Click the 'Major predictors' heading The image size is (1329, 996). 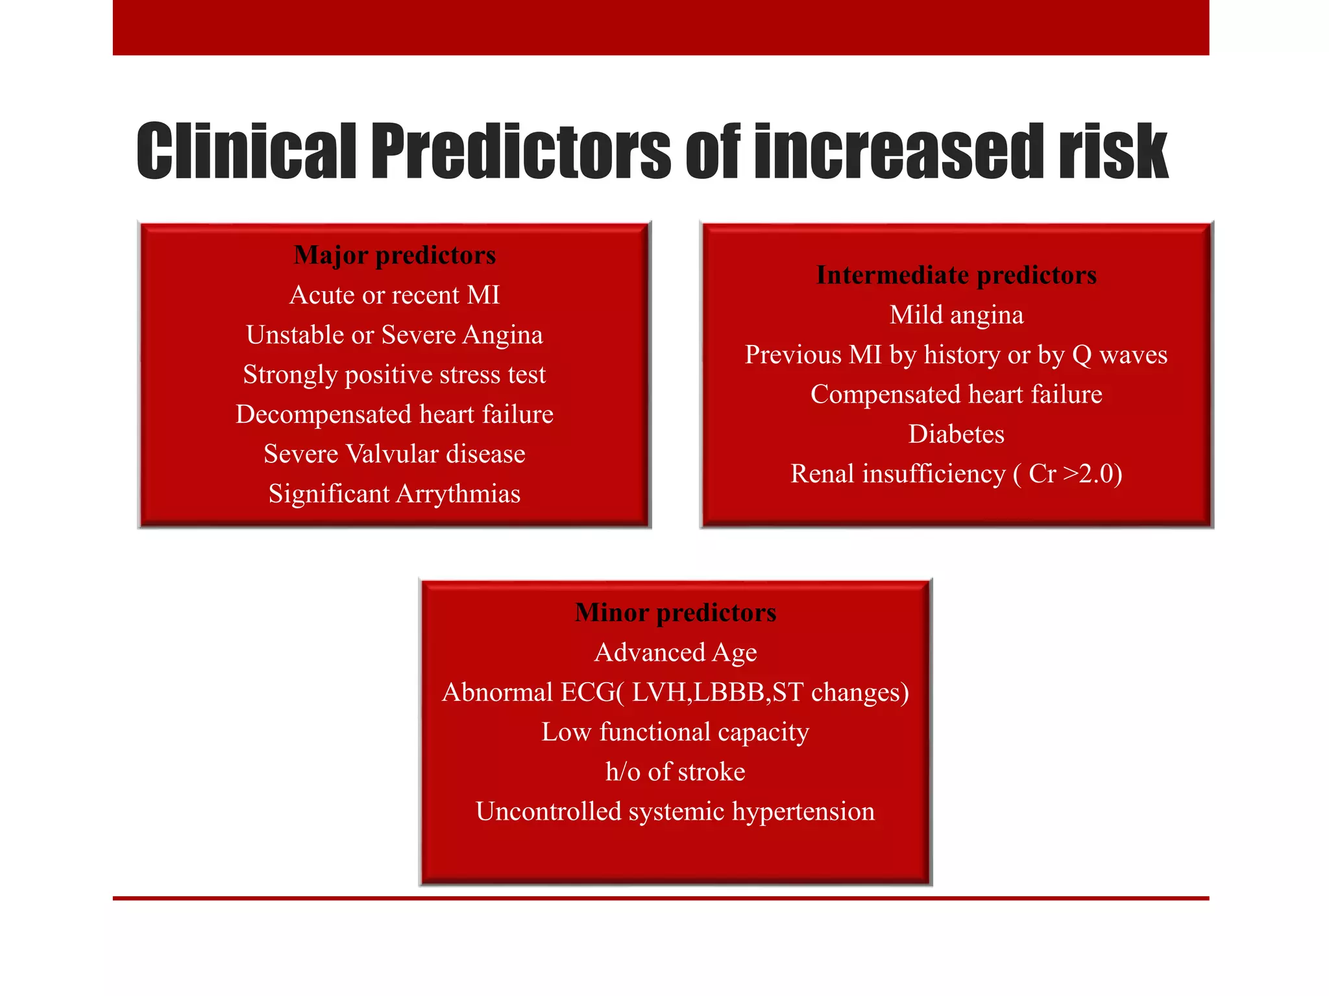tap(395, 255)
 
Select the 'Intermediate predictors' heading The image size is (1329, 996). tap(956, 275)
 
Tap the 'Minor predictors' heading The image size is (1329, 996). tap(675, 612)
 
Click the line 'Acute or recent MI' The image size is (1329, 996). tap(395, 295)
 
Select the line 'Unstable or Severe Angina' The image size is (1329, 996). tap(395, 335)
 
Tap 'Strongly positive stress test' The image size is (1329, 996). tap(395, 375)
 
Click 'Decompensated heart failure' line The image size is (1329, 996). tap(395, 414)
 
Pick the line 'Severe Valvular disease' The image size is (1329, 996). tap(395, 454)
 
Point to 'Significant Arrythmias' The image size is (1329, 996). tap(395, 494)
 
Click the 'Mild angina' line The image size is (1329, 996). tap(956, 315)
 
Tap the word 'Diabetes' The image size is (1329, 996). tap(956, 434)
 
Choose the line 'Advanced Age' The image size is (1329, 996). tap(675, 652)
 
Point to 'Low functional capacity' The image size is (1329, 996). tap(675, 732)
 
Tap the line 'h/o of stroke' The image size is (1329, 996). tap(675, 772)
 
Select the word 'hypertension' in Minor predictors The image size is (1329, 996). tap(803, 812)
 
